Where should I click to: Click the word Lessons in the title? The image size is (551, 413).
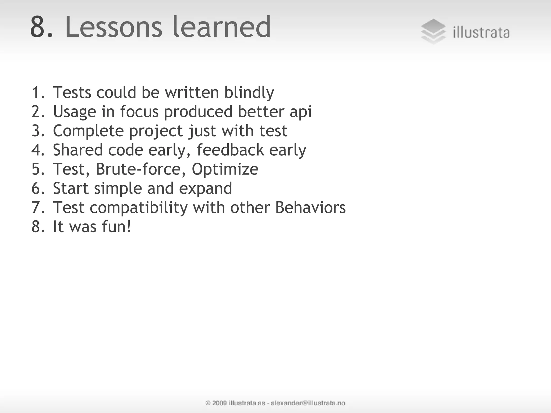coord(114,27)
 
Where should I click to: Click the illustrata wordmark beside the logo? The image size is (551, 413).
coord(481,33)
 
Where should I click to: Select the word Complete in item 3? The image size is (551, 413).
coord(88,131)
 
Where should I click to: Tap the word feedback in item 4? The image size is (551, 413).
coord(230,150)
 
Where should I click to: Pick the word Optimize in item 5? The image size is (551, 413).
coord(225,170)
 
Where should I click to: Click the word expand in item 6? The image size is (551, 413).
coord(205,189)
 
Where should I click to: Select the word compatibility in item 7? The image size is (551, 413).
coord(139,208)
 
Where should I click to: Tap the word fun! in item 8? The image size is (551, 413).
coord(116,227)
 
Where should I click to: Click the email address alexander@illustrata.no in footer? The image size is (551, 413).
coord(308,403)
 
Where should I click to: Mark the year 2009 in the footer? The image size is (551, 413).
coord(219,403)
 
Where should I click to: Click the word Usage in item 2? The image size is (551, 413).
coord(75,112)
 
